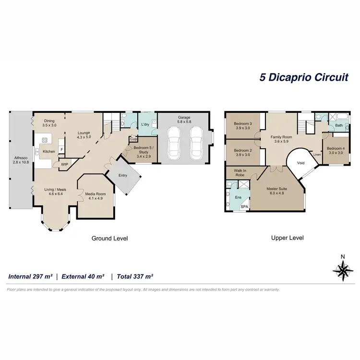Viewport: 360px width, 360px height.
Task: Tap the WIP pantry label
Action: (x=64, y=165)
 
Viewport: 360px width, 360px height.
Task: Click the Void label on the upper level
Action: (x=301, y=163)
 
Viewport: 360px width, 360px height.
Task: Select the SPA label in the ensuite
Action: (x=244, y=206)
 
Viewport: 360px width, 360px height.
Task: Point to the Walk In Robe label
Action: (x=240, y=172)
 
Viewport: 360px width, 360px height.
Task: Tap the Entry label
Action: (x=123, y=175)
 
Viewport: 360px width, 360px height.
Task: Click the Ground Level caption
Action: (x=109, y=238)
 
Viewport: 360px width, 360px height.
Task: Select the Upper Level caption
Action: (x=287, y=238)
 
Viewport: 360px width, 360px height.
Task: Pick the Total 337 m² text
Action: (x=133, y=276)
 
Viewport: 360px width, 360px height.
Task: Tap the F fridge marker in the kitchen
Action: (x=61, y=142)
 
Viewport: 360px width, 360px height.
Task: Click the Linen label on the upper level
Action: (x=317, y=155)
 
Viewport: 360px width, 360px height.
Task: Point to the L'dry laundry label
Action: (x=145, y=125)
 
